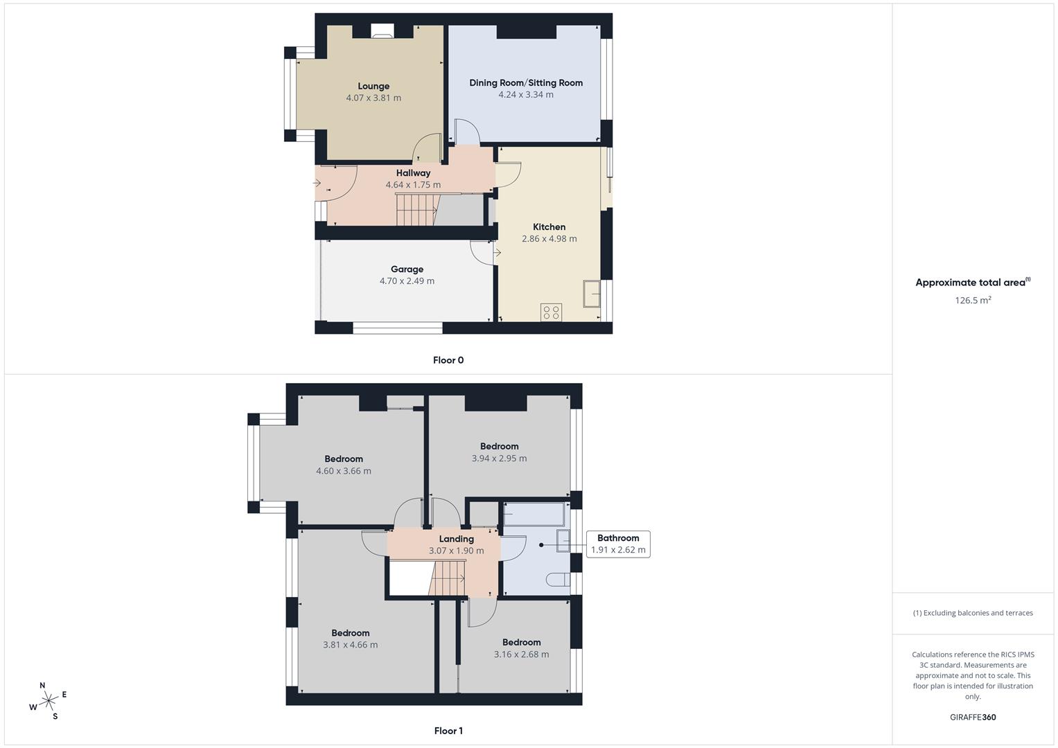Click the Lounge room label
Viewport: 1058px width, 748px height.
pos(373,87)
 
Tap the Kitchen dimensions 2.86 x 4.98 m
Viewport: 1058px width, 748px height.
pos(549,239)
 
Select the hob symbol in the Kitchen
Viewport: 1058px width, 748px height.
pos(552,313)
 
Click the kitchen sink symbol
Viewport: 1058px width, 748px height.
pos(592,294)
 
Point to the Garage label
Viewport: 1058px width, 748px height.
pos(407,269)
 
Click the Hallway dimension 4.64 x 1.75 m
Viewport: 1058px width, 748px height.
pos(413,185)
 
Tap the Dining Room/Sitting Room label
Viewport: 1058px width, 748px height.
pos(526,83)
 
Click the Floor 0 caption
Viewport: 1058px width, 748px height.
pos(448,360)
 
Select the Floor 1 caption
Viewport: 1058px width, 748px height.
pos(448,731)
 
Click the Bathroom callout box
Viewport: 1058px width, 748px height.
pos(618,544)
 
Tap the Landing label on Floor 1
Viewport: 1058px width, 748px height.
pos(457,539)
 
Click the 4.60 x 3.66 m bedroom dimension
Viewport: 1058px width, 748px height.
pos(344,471)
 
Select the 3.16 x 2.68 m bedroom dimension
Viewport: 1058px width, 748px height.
pos(521,654)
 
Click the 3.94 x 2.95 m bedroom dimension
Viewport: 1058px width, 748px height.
pos(499,458)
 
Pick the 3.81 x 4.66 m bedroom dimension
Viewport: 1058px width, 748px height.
pos(350,645)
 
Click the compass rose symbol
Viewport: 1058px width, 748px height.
pos(49,701)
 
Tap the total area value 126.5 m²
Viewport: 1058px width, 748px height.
pos(973,301)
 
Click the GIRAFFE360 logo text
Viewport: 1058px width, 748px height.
pos(973,718)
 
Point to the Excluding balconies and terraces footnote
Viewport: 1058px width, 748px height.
pos(973,613)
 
